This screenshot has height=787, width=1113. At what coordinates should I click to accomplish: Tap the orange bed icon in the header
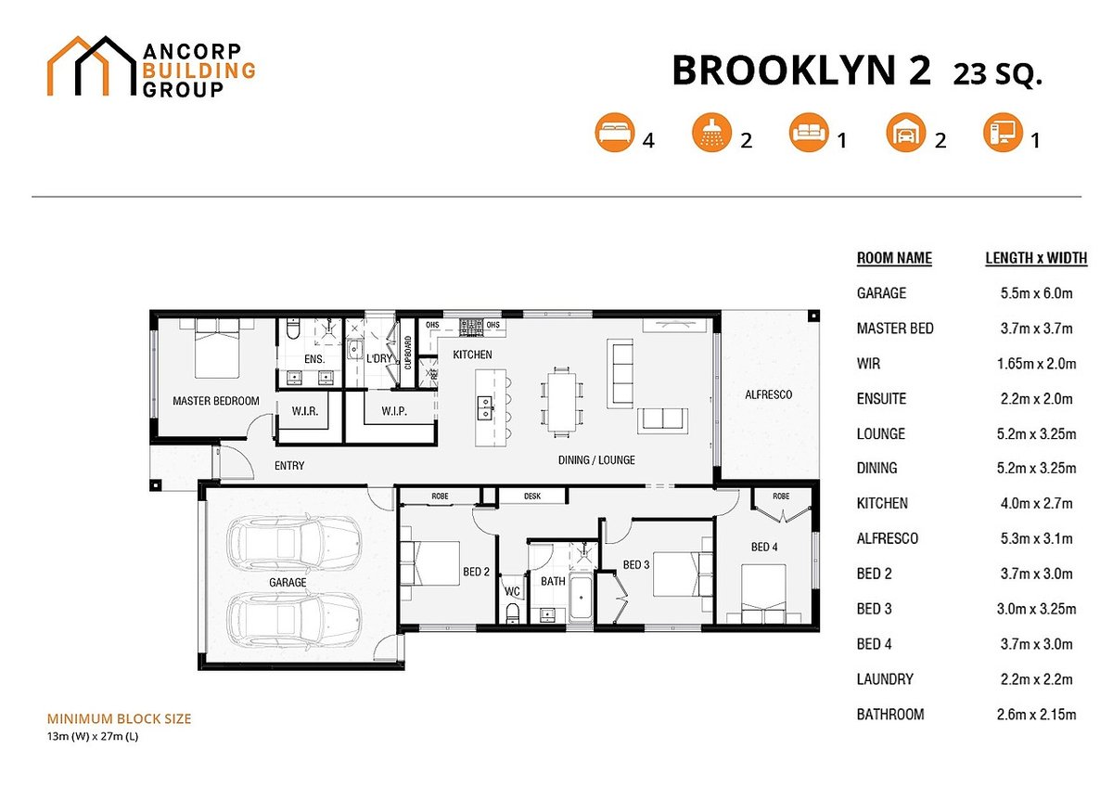click(x=613, y=135)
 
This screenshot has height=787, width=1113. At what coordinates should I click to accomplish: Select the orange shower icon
click(x=710, y=135)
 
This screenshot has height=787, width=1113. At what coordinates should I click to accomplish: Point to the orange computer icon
click(x=1002, y=135)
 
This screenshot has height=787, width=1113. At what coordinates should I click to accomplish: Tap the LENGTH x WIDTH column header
click(x=1035, y=258)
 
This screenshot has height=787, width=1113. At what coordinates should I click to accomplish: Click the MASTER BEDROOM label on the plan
click(x=215, y=402)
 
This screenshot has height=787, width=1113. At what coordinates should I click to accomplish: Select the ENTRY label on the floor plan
click(x=289, y=466)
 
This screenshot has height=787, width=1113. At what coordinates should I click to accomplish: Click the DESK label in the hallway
click(x=532, y=497)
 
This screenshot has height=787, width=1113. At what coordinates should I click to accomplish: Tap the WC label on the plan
click(x=512, y=590)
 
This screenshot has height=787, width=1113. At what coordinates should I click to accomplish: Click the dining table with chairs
click(x=561, y=401)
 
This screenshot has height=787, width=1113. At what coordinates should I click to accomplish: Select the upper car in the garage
click(x=294, y=544)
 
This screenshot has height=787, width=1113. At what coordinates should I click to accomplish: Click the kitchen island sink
click(x=484, y=405)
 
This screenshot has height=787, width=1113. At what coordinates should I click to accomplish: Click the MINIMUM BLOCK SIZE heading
click(x=119, y=718)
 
